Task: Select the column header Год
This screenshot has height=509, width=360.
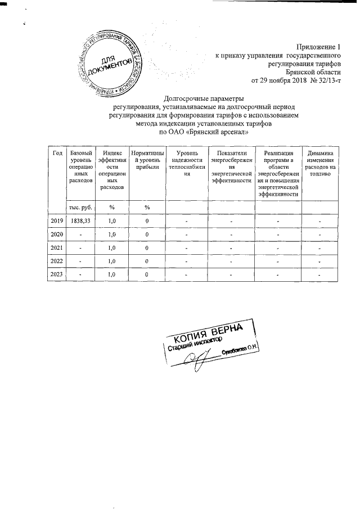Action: coord(57,154)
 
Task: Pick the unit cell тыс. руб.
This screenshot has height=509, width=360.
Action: coord(79,208)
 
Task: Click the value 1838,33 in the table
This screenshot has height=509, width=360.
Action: coord(79,222)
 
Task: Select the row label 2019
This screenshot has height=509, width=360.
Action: coord(57,222)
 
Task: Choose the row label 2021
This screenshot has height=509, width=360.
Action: coord(57,247)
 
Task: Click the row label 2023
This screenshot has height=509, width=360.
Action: coord(57,274)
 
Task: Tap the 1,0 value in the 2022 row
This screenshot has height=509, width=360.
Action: coord(111,261)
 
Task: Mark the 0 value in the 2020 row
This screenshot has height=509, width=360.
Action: coord(147,235)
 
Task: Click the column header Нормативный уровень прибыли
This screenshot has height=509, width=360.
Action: coord(147,160)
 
